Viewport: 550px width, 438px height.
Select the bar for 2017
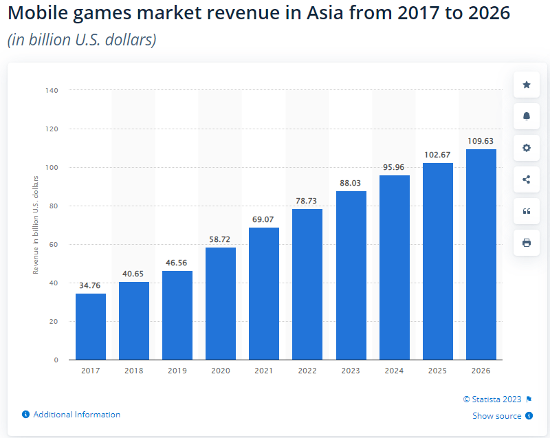tap(91, 327)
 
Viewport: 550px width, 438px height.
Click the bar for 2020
tap(221, 303)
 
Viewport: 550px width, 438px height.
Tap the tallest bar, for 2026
tap(481, 254)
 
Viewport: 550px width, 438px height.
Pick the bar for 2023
tap(351, 275)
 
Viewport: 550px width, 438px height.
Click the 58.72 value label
tap(221, 239)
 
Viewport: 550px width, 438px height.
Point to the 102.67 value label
tap(437, 155)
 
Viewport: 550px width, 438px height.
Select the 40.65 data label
tap(134, 274)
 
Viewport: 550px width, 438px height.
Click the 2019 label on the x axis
tap(177, 371)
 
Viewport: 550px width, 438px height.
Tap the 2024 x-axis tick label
tap(394, 371)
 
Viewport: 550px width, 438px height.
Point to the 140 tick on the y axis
tap(52, 90)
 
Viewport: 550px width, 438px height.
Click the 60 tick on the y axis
tap(54, 244)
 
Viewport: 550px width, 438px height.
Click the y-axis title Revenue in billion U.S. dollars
tap(36, 225)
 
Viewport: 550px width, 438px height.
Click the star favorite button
tap(527, 85)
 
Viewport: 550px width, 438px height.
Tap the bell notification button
tap(527, 116)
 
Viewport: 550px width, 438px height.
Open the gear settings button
tap(527, 148)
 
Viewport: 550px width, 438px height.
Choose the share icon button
tap(527, 179)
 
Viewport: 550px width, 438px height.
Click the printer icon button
tap(527, 243)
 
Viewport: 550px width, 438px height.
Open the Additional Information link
tap(76, 415)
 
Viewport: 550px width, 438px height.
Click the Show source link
tap(496, 416)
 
